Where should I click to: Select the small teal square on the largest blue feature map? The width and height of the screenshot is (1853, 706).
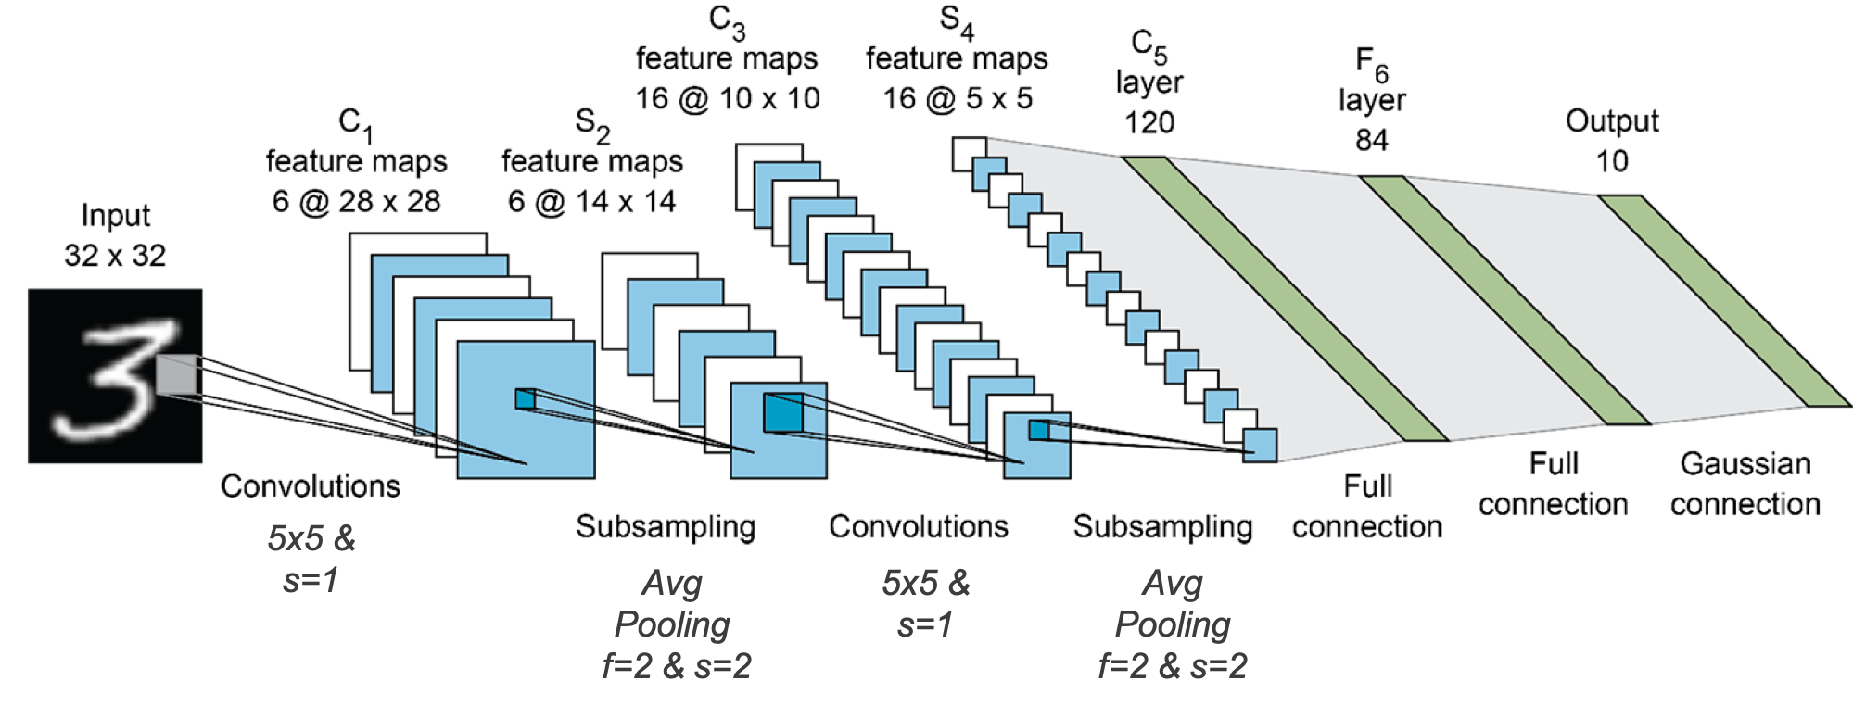tap(526, 399)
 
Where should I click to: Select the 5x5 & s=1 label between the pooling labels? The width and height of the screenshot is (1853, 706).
tap(925, 604)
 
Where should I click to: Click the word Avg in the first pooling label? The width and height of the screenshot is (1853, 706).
tap(672, 584)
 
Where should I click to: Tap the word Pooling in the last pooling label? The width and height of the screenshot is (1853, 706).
tap(1172, 624)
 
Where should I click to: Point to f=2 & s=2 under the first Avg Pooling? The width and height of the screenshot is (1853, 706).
tap(676, 665)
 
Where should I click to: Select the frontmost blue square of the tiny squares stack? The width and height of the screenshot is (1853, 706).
tap(1262, 445)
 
